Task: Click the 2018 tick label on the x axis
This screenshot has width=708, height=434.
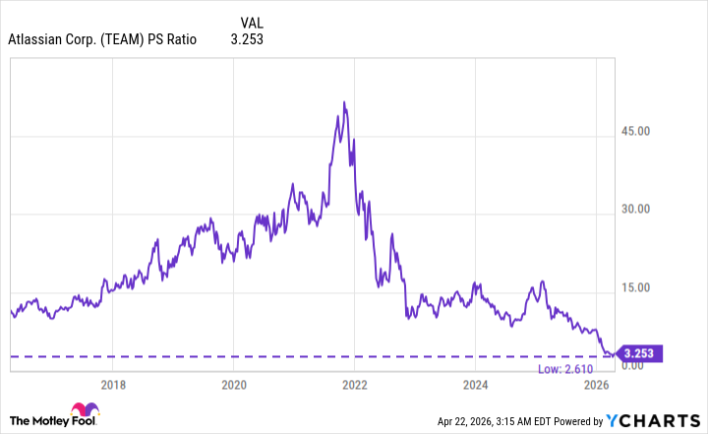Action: coord(113,384)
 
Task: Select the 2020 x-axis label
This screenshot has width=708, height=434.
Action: coord(233,384)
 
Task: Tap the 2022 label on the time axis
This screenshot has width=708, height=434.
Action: coord(354,384)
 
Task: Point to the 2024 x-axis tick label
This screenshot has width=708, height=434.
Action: coord(475,384)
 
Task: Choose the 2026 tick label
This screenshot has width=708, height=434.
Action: coord(595,384)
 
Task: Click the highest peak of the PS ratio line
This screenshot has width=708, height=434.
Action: coord(343,101)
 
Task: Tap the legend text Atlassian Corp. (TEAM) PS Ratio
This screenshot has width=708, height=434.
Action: coord(102,40)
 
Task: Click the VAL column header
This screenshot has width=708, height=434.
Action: coord(252,22)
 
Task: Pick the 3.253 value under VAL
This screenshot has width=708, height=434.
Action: coord(246,40)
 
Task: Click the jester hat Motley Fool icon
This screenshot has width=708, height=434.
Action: coord(82,413)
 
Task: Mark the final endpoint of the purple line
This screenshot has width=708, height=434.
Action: coord(617,353)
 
